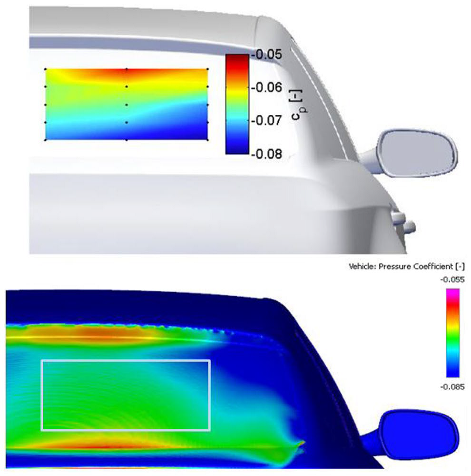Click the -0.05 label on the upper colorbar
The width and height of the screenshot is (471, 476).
tap(267, 55)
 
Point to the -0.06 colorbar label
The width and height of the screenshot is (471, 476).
tap(267, 88)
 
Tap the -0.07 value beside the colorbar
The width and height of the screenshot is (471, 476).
tap(267, 121)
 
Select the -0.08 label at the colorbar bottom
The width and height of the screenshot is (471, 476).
tap(267, 154)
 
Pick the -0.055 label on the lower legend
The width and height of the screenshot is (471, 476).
tap(452, 280)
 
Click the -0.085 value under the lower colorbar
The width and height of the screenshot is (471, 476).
tap(452, 387)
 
